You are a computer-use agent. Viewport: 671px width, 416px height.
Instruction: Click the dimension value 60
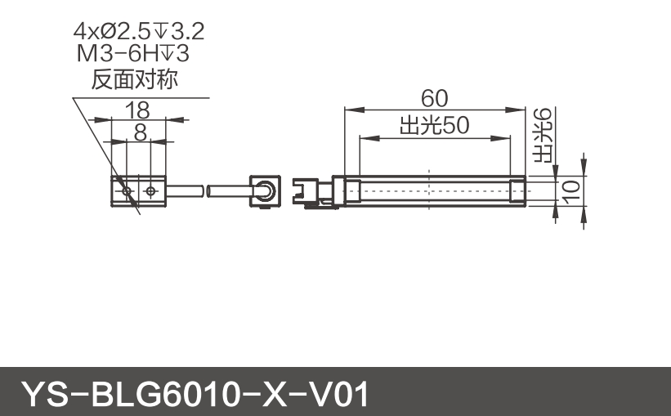(x=434, y=98)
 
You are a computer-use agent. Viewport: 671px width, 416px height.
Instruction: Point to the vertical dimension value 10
(x=571, y=190)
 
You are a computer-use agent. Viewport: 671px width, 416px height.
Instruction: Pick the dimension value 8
(x=140, y=131)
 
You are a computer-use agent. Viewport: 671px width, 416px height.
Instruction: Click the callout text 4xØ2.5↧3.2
(x=138, y=33)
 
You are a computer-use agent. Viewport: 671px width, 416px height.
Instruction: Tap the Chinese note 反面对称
(x=136, y=81)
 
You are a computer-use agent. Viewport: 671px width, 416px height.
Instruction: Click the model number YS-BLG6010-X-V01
(x=195, y=394)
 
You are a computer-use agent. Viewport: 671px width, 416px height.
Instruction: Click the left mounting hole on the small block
(x=126, y=190)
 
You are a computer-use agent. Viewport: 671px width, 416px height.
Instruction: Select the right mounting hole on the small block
(x=151, y=190)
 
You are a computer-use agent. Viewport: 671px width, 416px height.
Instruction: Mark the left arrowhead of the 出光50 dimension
(x=363, y=137)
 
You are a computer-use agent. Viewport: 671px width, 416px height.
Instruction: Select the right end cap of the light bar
(x=517, y=190)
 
